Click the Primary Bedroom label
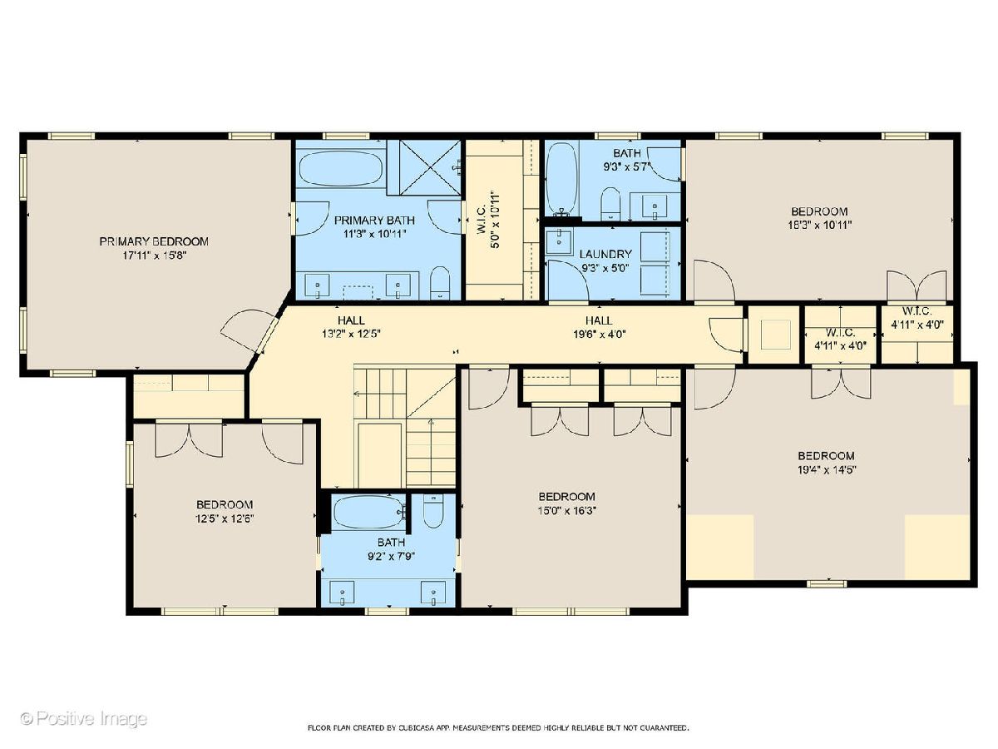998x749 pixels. coord(154,241)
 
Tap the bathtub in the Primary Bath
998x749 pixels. coord(342,168)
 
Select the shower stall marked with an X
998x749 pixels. coord(424,168)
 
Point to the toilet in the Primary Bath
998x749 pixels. coord(440,283)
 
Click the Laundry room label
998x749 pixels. coord(605,254)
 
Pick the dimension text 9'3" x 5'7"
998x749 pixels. coord(627,167)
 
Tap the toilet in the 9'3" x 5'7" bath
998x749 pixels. coord(610,204)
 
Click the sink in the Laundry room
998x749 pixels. coord(559,242)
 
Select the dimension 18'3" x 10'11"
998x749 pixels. coord(819,225)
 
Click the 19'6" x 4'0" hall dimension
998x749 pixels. coord(600,335)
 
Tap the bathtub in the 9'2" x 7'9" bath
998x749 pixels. coord(368,512)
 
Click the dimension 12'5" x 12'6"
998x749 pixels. coord(225,518)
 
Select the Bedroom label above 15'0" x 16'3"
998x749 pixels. coord(566,497)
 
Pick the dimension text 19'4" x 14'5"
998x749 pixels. coord(827,469)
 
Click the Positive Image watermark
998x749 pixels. coord(84,718)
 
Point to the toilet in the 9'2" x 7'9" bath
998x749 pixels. coord(432,510)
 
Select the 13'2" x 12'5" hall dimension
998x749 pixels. coord(351,334)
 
